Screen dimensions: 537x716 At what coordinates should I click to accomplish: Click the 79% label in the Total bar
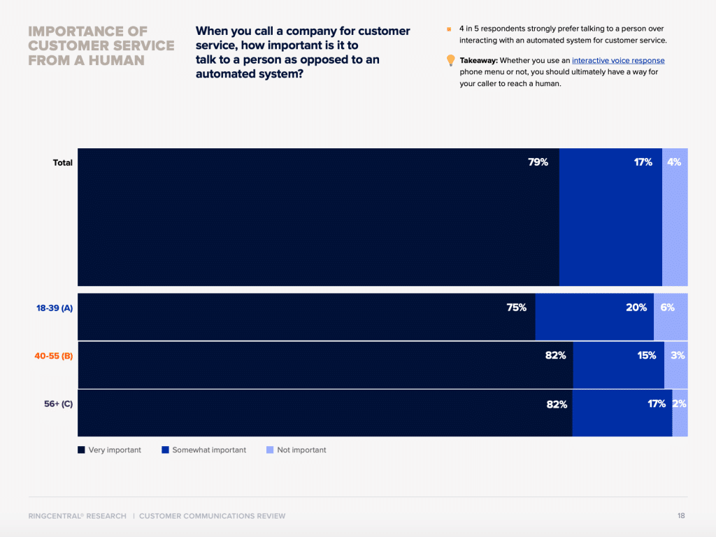click(538, 162)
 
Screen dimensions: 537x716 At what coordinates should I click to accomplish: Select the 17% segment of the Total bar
click(610, 217)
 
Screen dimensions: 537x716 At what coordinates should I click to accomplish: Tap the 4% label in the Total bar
click(674, 162)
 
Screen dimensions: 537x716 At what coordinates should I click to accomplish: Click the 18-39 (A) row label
click(55, 308)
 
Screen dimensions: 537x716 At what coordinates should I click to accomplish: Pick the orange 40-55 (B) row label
click(55, 356)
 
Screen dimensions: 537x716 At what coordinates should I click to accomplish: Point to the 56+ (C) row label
click(58, 403)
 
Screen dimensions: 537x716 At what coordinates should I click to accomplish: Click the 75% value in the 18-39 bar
click(516, 308)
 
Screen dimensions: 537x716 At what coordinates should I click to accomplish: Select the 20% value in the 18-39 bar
click(636, 308)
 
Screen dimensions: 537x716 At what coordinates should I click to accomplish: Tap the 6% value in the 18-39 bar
click(667, 308)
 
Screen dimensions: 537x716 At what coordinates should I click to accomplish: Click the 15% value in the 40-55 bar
click(646, 356)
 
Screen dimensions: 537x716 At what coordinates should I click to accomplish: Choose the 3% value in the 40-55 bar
click(678, 356)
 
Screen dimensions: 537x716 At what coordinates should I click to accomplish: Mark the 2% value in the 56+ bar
click(679, 403)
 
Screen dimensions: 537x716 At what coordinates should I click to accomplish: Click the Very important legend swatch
click(81, 450)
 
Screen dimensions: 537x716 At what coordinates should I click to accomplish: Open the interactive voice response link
click(618, 61)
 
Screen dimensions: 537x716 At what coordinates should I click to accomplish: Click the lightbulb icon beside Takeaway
click(451, 61)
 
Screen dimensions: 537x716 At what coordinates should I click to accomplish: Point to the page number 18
click(681, 516)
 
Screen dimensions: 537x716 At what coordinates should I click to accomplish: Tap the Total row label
click(63, 163)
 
